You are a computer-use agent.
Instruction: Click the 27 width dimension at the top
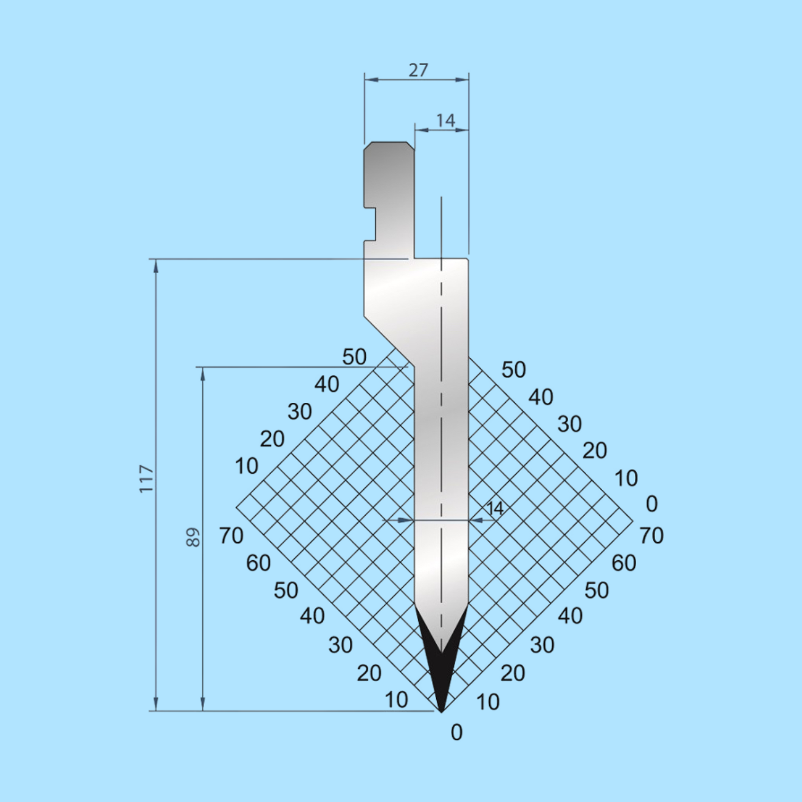[x=418, y=70]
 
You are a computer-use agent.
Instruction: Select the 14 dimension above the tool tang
[x=445, y=120]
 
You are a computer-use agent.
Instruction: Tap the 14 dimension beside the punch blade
[x=495, y=509]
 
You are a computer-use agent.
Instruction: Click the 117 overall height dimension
[x=146, y=479]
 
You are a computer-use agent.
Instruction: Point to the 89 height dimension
[x=193, y=537]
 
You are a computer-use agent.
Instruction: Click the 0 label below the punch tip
[x=457, y=733]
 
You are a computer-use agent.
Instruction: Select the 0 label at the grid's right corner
[x=651, y=504]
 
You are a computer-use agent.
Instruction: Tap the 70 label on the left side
[x=231, y=536]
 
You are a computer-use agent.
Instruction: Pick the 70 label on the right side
[x=651, y=536]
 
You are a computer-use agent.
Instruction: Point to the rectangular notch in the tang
[x=371, y=224]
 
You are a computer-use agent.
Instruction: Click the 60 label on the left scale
[x=258, y=563]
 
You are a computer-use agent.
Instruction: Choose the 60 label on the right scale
[x=624, y=563]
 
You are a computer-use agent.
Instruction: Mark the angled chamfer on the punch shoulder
[x=389, y=340]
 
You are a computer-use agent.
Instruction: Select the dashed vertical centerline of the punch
[x=442, y=425]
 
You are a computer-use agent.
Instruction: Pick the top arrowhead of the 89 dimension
[x=203, y=374]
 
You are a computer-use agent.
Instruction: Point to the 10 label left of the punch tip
[x=396, y=700]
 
